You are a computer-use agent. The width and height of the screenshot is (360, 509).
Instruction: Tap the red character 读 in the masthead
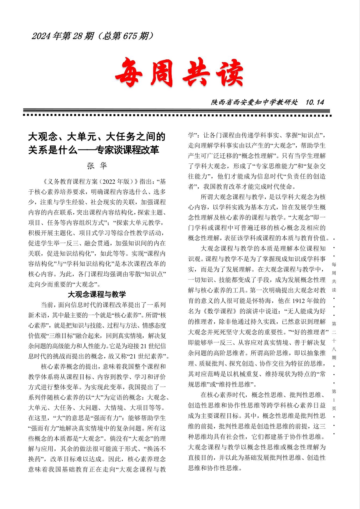point(227,73)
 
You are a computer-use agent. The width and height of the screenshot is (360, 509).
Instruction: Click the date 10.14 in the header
point(315,102)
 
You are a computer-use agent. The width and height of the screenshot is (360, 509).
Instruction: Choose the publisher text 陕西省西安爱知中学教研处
point(254,102)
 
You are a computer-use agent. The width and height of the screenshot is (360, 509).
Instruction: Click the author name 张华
point(97,166)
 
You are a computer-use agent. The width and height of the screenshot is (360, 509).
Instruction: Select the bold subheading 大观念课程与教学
point(97,295)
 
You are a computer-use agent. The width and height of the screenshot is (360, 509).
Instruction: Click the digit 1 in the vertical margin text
point(334,400)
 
